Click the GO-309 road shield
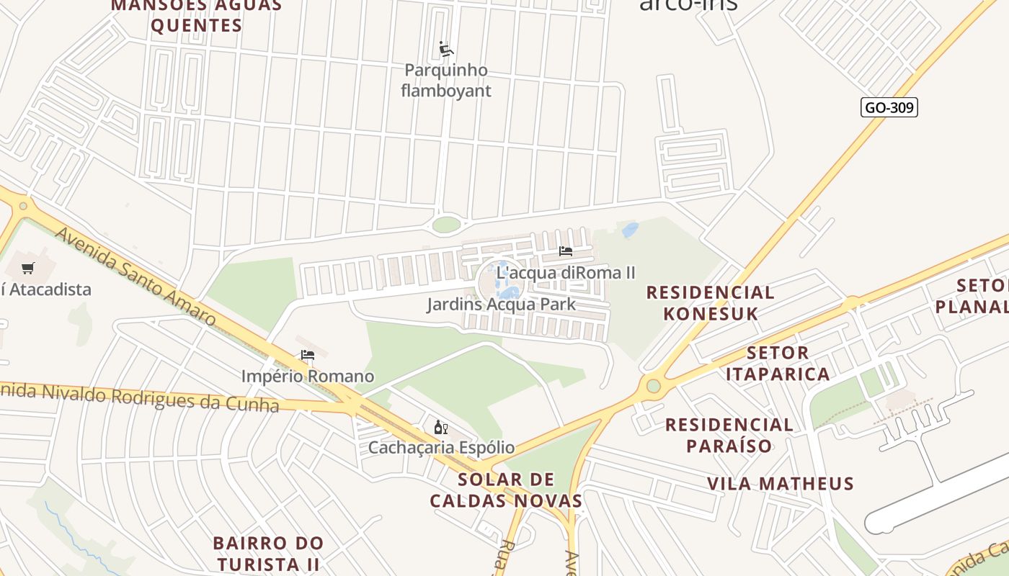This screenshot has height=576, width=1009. point(889,108)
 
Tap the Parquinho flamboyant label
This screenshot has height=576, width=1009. point(446,81)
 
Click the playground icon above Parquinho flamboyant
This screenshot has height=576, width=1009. point(446,50)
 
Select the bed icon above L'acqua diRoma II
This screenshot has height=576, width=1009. point(566,251)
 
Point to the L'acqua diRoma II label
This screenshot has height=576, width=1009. point(566,273)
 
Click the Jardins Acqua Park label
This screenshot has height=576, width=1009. point(501,304)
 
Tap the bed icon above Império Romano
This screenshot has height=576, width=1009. point(308,355)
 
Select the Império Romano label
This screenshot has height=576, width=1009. point(308,376)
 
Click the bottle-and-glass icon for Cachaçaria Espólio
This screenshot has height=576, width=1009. point(441,428)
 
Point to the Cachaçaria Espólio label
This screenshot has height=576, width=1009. point(441,447)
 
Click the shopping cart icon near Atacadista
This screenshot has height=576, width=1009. point(28,269)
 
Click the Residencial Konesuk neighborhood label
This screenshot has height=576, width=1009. point(710,303)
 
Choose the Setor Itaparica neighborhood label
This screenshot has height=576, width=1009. point(778,364)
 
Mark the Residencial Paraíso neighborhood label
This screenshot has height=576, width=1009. point(729,435)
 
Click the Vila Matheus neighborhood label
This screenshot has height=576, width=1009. point(780,483)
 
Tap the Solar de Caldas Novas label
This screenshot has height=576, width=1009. point(506,490)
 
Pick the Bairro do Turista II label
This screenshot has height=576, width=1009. point(268,553)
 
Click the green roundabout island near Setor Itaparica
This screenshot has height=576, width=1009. point(653,386)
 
